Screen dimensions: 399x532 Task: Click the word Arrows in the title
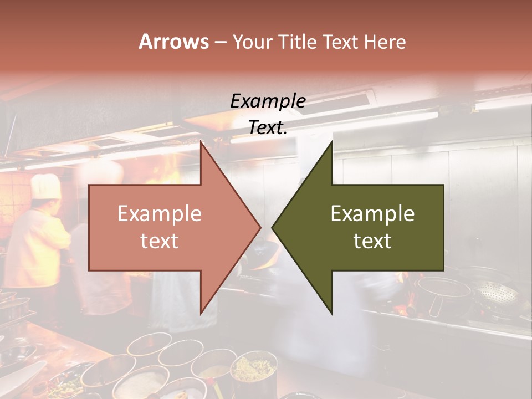174,42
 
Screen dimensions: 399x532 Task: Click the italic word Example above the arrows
268,101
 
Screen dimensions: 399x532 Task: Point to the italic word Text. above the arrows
268,127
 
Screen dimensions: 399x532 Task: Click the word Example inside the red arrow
160,213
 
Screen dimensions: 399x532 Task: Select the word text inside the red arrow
160,241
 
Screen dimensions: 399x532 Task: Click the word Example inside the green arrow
372,213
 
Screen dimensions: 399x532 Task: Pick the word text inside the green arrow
372,241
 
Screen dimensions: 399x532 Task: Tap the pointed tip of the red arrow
260,227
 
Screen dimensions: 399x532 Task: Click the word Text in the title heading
340,42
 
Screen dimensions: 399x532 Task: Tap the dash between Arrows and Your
220,42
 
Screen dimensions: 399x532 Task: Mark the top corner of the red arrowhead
201,142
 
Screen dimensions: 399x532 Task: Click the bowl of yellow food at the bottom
254,369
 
